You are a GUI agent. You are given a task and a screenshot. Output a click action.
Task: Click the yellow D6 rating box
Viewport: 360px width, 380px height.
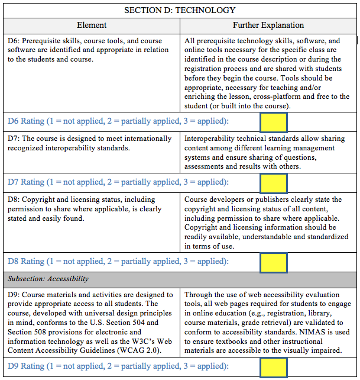coord(273,122)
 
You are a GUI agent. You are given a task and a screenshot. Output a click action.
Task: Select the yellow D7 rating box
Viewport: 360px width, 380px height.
coord(273,182)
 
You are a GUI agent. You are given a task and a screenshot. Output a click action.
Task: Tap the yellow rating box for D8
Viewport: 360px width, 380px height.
coord(273,262)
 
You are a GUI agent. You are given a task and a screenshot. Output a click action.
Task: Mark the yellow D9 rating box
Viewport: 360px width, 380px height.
coord(273,366)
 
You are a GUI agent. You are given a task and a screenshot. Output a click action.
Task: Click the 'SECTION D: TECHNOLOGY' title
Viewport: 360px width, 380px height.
coord(180,10)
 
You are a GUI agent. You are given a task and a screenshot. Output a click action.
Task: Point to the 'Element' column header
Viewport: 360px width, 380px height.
coord(92,25)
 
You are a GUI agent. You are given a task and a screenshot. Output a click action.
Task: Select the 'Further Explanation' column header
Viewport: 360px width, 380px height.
coord(268,25)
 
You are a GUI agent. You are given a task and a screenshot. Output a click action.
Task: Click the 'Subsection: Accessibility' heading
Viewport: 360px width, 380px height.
coord(48,279)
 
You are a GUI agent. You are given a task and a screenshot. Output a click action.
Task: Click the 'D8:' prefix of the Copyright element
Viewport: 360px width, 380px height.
coord(14,200)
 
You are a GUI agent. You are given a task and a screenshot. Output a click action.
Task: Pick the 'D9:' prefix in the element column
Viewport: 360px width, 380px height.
coord(14,295)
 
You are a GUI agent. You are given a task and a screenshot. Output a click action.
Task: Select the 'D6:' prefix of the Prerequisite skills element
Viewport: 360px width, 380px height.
coord(14,41)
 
